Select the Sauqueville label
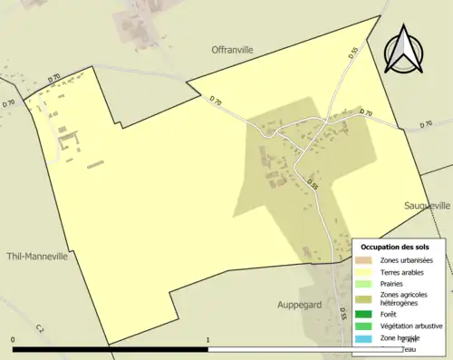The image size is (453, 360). (428, 207)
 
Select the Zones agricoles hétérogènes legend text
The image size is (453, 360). (406, 299)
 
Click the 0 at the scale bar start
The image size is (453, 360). (13, 340)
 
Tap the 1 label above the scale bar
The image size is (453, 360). (208, 340)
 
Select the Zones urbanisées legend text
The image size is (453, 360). (407, 260)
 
